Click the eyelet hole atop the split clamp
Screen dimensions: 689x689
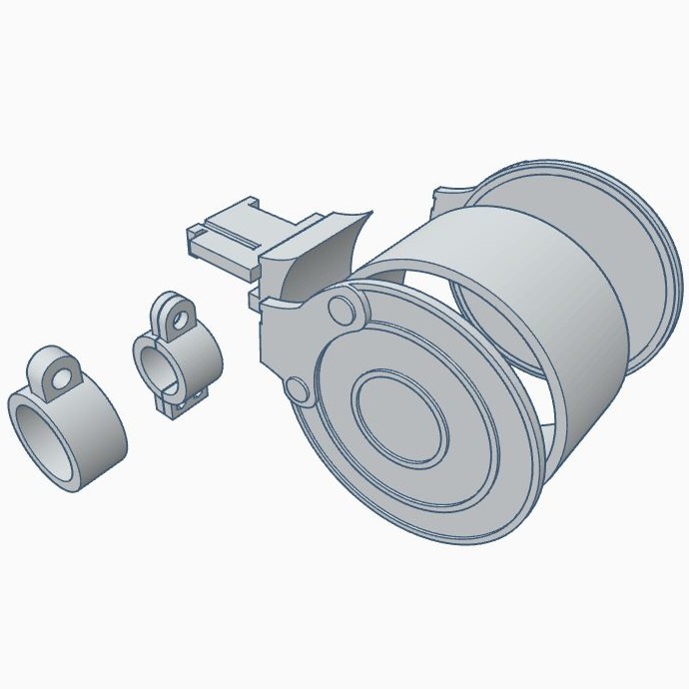coord(179,319)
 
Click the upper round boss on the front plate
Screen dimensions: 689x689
coord(344,310)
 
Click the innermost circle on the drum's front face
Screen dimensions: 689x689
coord(398,420)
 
